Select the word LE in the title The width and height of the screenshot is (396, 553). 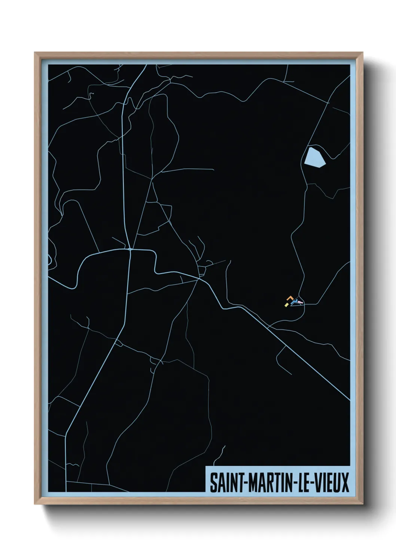(303, 482)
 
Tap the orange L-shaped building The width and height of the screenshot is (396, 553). (289, 298)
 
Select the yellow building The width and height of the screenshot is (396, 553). (286, 305)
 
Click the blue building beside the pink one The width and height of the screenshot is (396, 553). (295, 301)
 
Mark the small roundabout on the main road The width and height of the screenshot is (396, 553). (130, 249)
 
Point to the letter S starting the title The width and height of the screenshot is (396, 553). (213, 482)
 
